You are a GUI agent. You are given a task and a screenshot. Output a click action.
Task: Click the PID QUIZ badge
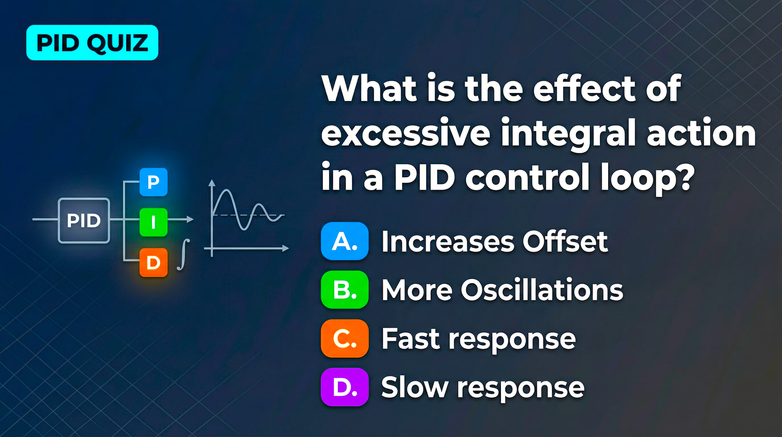[92, 43]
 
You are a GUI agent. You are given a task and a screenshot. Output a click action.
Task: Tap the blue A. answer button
[345, 241]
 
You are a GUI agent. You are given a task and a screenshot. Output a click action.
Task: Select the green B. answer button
[345, 289]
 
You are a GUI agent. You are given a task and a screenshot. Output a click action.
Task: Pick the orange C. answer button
[345, 338]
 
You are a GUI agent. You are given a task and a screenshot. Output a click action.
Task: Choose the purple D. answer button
[345, 387]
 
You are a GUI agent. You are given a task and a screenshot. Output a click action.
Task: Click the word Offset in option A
[565, 241]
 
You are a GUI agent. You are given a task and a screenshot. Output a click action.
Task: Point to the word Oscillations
[542, 290]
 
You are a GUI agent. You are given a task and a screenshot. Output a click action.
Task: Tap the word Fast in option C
[411, 338]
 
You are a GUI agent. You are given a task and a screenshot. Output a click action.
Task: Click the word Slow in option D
[415, 387]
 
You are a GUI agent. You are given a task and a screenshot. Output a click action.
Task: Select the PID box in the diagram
[84, 221]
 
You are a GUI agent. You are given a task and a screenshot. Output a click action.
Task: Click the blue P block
[154, 182]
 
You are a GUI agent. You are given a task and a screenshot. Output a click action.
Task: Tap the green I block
[154, 222]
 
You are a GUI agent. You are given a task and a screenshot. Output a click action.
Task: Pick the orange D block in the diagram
[154, 263]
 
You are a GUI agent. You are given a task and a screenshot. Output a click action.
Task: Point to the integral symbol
[184, 255]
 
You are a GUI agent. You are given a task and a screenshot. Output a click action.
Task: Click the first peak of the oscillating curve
[226, 190]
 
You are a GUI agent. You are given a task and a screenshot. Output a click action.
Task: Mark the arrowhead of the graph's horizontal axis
[286, 248]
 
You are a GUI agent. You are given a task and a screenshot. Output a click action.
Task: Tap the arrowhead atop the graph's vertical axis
[212, 183]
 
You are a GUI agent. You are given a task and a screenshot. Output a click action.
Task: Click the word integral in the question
[568, 134]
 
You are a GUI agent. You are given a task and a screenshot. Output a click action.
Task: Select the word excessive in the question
[406, 133]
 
